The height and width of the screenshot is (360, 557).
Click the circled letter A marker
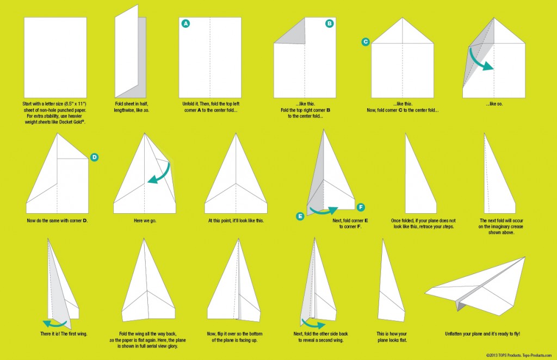pyautogui.click(x=185, y=24)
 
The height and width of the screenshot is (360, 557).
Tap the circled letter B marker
pyautogui.click(x=329, y=24)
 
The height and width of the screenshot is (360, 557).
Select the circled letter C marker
pyautogui.click(x=365, y=42)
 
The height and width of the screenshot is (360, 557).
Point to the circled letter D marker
pyautogui.click(x=94, y=157)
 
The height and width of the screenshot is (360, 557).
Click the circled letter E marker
pyautogui.click(x=300, y=216)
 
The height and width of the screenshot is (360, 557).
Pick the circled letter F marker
pyautogui.click(x=361, y=207)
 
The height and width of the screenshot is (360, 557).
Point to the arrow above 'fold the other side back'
pyautogui.click(x=313, y=324)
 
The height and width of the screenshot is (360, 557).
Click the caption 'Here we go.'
pyautogui.click(x=145, y=220)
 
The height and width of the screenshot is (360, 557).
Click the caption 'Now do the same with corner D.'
pyautogui.click(x=57, y=220)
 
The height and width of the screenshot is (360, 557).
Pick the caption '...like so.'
pyautogui.click(x=494, y=104)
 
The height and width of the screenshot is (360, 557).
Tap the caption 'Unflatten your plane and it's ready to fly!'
pyautogui.click(x=482, y=334)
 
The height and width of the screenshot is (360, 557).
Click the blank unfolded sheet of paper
pyautogui.click(x=55, y=58)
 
